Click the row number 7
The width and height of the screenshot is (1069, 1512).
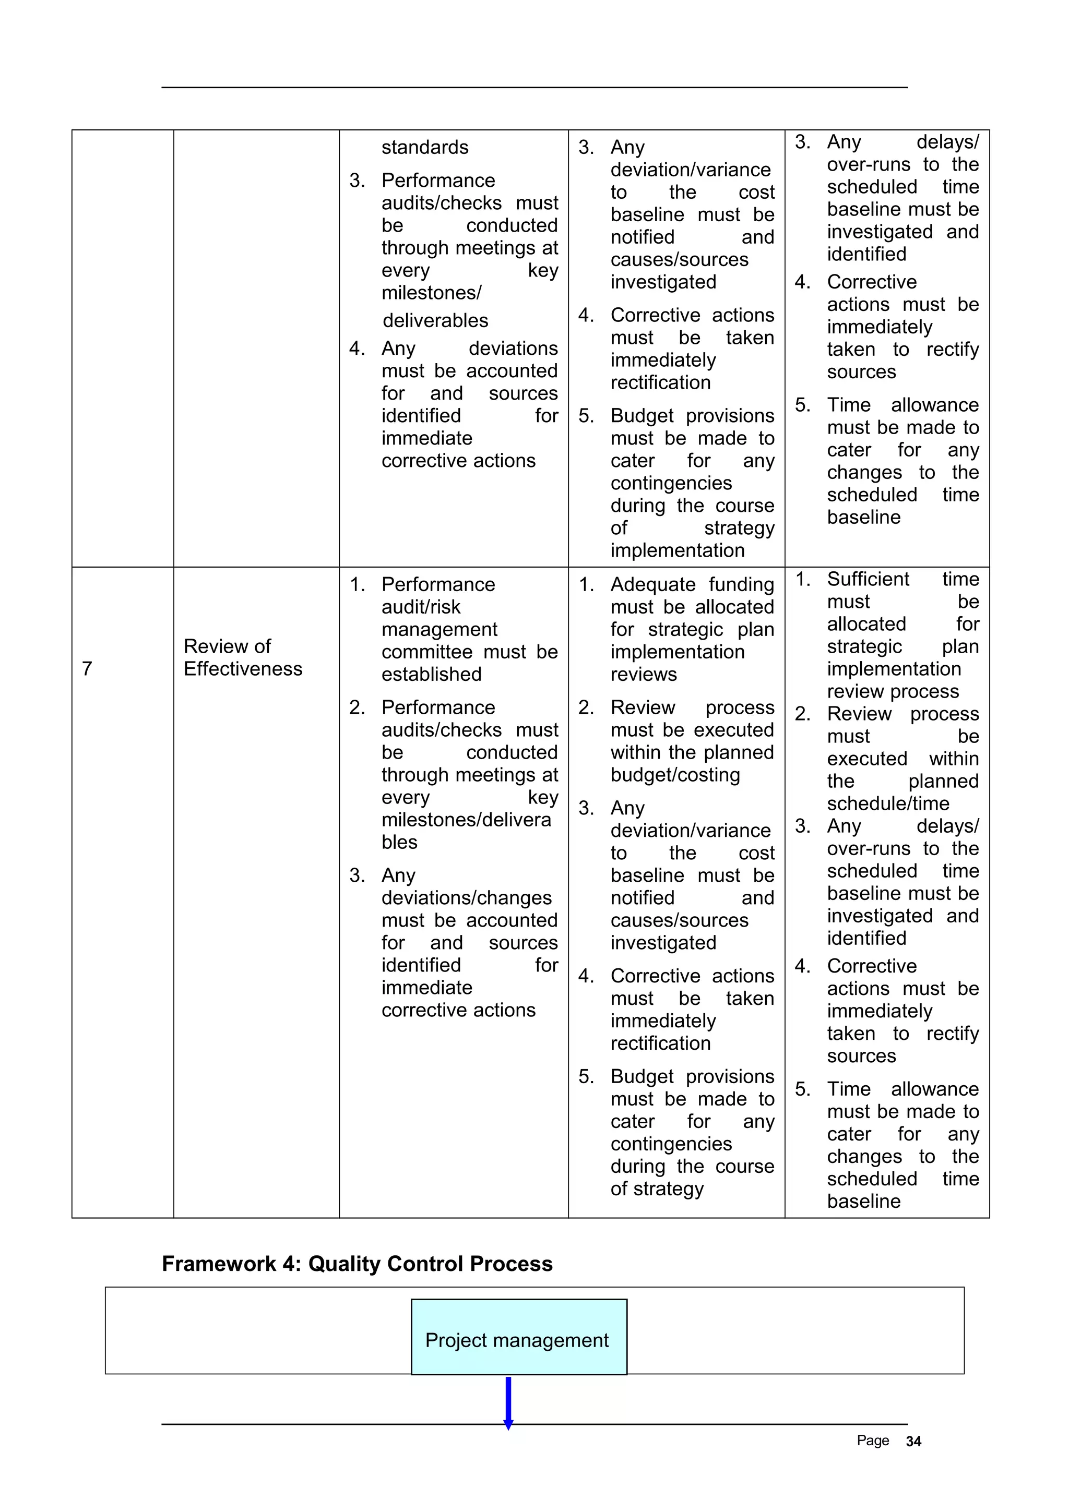click(x=87, y=668)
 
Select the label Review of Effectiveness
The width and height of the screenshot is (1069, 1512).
click(x=242, y=657)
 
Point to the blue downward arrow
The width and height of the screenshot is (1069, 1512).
click(x=508, y=1401)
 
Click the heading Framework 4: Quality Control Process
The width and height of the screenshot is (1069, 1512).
click(x=357, y=1264)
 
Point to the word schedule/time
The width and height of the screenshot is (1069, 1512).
click(x=888, y=803)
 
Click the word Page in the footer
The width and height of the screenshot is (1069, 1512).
click(x=872, y=1441)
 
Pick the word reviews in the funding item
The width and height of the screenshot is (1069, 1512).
click(x=643, y=674)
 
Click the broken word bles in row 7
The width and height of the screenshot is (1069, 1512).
click(x=399, y=842)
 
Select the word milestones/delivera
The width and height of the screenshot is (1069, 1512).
click(x=466, y=819)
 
